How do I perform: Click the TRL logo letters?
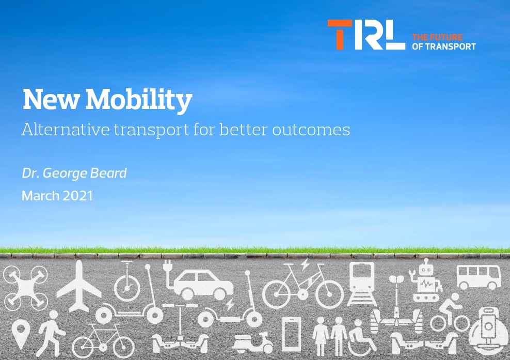pos(366,35)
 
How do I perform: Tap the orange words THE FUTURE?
pos(437,37)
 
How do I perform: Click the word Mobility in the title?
pos(138,100)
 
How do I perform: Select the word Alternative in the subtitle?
pos(66,129)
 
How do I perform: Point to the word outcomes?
pos(311,130)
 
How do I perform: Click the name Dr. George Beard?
pos(74,173)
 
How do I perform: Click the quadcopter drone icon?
pos(26,288)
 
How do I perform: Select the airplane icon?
pos(78,287)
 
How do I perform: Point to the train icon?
pos(362,284)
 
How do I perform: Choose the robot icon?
pos(425,280)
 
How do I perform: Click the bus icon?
pos(479,277)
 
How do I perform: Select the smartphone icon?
pos(292,334)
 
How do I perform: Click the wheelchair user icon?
pos(361,338)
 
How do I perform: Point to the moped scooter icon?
pos(253,343)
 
